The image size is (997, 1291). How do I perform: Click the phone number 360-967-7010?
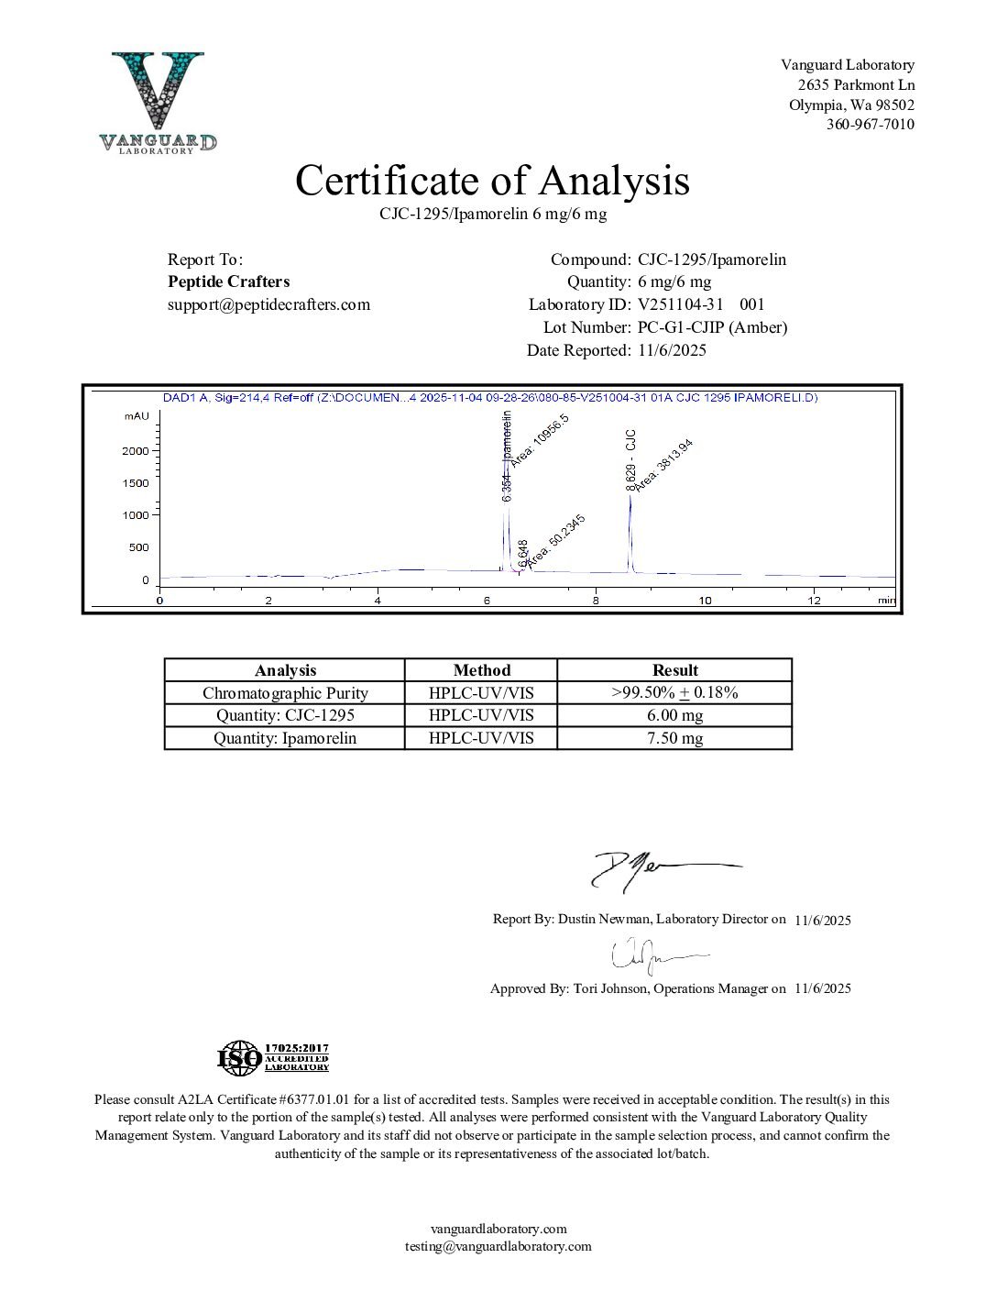(870, 125)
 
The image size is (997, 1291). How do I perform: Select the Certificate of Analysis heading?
(492, 181)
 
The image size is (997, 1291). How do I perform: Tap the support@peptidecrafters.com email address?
(268, 304)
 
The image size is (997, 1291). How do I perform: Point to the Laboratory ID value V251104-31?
(681, 304)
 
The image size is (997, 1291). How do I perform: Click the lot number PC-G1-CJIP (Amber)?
(712, 327)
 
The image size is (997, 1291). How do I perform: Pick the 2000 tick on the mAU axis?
(136, 451)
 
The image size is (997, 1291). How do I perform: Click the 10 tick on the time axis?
(705, 601)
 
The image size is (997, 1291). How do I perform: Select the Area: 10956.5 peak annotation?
(539, 440)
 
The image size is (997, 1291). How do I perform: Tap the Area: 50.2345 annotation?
(556, 538)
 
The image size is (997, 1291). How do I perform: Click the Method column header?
(481, 670)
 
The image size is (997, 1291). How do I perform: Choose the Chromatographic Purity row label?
(285, 693)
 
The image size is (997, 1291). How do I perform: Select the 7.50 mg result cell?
(674, 738)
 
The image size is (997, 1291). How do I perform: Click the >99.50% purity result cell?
(674, 693)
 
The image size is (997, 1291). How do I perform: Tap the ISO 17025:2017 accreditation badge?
(272, 1058)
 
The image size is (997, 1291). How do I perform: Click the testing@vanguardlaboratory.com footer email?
(498, 1246)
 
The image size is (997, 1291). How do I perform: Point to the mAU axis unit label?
(137, 416)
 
